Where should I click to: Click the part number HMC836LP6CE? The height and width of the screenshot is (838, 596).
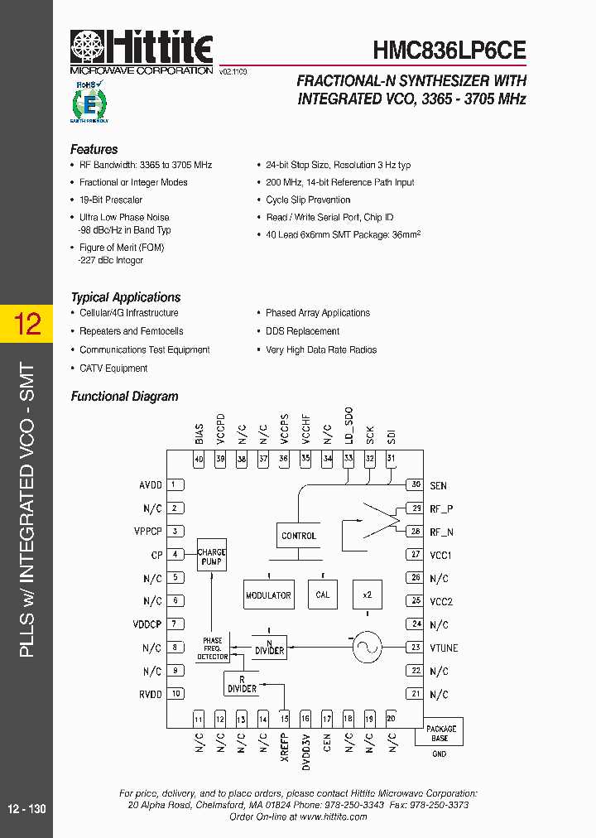449,50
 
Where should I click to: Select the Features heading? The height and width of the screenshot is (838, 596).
94,150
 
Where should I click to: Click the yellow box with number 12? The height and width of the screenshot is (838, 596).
27,323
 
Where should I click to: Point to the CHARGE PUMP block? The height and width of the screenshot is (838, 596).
212,556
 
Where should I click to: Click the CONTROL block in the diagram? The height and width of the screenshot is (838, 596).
299,536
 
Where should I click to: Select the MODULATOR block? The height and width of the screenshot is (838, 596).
268,595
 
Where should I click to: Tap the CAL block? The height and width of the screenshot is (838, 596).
323,595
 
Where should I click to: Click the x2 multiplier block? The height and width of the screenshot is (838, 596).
368,595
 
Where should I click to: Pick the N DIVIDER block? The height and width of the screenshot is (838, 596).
269,646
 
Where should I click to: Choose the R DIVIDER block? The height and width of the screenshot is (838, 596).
242,683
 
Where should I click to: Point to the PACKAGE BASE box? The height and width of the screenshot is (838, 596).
441,732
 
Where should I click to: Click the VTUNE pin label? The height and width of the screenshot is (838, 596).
444,648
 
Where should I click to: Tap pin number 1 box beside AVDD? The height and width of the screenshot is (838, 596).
175,485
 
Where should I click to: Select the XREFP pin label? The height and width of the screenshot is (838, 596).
284,747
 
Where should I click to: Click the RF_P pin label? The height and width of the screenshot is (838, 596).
442,509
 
